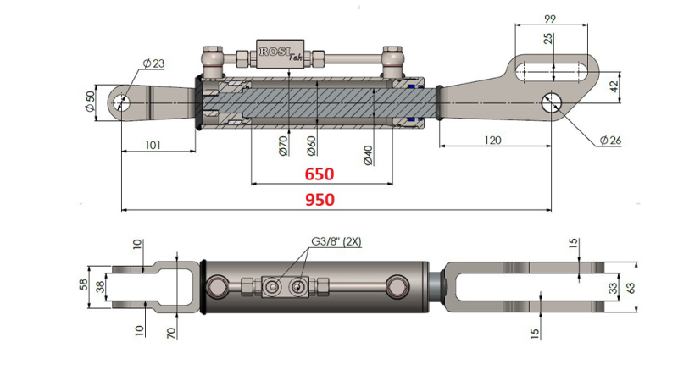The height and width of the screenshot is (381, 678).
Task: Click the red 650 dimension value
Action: point(320,174)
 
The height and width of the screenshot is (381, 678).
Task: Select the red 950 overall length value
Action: point(320,200)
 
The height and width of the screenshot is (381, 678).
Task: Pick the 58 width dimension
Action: point(85,284)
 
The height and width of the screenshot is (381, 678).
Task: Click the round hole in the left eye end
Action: point(122,102)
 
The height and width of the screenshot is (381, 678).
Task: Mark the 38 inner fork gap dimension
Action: point(100,286)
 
